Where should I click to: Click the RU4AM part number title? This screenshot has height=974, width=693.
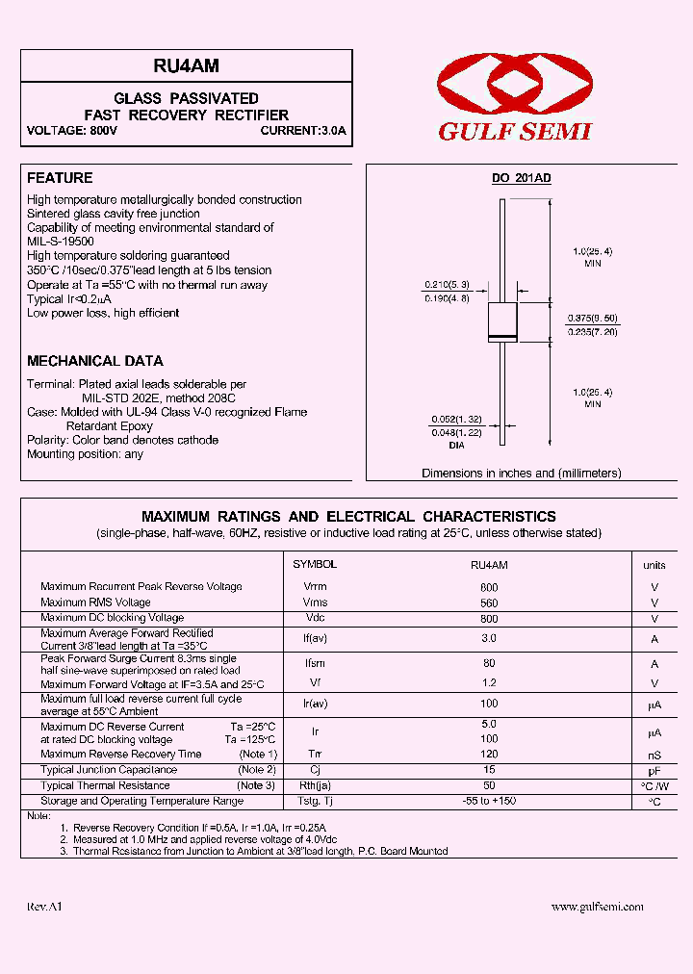pos(186,65)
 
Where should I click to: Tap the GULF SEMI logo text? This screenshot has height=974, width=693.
pos(515,132)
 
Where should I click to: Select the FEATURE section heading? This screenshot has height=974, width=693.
pos(60,178)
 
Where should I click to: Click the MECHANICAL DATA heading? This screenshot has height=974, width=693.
pos(94,361)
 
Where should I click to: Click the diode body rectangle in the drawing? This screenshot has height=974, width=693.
pos(502,320)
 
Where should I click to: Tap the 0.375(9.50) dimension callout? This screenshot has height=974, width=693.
pos(592,318)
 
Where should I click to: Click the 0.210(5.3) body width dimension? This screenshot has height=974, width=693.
pos(445,285)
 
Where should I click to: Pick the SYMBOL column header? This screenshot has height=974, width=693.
pos(314,565)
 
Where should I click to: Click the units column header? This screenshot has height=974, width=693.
pos(654,566)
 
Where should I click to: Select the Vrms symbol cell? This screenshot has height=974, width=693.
pos(315,602)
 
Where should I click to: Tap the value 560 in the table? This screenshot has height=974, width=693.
pos(488,603)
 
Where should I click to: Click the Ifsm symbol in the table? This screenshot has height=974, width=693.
pos(315,663)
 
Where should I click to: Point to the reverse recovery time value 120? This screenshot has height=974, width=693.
pos(488,755)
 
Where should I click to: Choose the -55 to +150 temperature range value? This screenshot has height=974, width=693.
pos(488,802)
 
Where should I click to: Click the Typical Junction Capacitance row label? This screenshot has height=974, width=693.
pos(109,770)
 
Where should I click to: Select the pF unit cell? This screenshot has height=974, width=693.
pos(654,771)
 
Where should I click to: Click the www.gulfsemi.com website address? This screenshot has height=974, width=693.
pos(597,907)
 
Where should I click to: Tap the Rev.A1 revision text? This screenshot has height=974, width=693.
pos(44,907)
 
